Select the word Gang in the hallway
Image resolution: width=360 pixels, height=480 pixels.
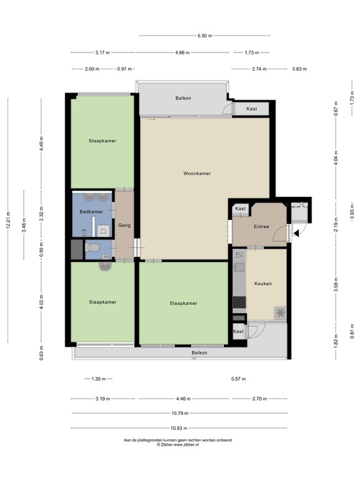124,225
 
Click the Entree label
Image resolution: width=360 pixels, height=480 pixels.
261,226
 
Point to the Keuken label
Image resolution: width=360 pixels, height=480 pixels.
262,283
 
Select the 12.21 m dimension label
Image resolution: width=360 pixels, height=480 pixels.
9,220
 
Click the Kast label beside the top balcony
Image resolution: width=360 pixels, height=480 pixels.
251,109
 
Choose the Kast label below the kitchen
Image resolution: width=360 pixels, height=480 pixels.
238,331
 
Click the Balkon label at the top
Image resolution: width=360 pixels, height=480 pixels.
182,98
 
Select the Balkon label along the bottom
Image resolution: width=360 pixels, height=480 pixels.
199,353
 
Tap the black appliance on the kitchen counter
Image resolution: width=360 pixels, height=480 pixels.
239,303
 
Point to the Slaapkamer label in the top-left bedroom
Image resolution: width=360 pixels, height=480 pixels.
102,141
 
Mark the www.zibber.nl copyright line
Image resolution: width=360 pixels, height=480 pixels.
178,444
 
